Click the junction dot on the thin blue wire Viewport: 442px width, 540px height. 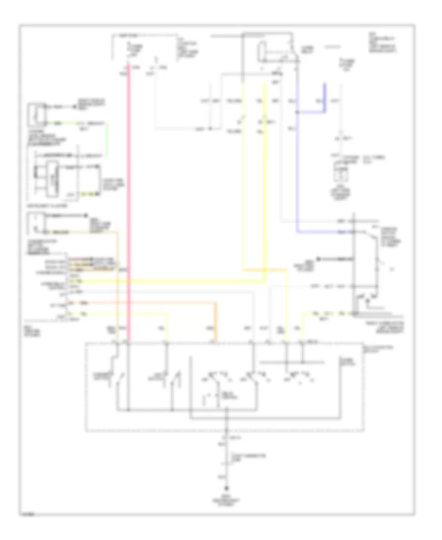pos(297,112)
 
